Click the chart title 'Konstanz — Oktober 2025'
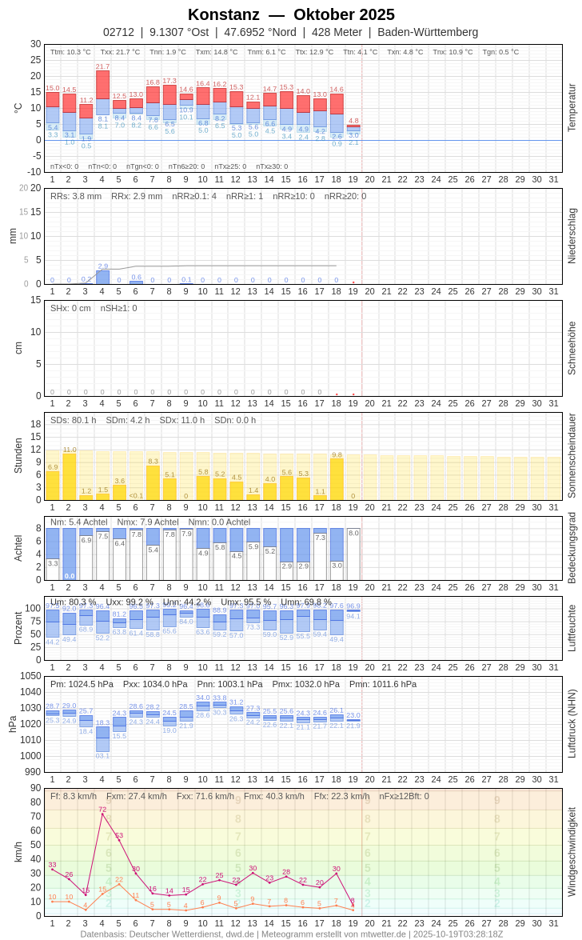tap(291, 14)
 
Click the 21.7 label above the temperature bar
tap(102, 66)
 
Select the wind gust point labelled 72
tap(102, 814)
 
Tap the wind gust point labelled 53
tap(119, 840)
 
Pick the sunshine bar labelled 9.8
tap(337, 479)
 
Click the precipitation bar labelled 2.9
tap(102, 277)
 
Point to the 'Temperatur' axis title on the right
tap(572, 108)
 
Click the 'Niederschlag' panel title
tap(572, 236)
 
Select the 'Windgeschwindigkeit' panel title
tap(572, 851)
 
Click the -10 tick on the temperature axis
tap(34, 171)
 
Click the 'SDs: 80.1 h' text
tap(74, 420)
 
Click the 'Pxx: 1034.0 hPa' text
tap(155, 684)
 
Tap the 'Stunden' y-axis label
tap(18, 455)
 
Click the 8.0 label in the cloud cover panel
tap(353, 533)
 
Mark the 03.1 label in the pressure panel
tap(102, 755)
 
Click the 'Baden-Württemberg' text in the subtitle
tap(428, 32)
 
